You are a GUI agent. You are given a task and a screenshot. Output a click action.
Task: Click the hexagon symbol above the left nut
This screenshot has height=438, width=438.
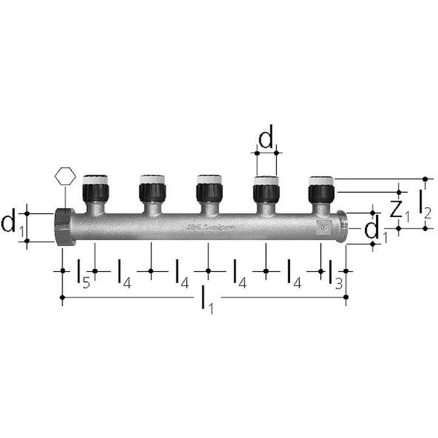click(63, 175)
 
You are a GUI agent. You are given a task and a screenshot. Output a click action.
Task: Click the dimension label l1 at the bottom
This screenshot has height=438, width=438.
click(206, 299)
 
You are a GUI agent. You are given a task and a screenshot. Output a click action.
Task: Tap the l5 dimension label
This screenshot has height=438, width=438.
click(82, 272)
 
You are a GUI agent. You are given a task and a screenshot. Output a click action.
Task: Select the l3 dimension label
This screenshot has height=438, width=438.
click(335, 272)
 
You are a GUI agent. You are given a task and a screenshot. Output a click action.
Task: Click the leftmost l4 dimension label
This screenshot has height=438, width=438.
click(123, 272)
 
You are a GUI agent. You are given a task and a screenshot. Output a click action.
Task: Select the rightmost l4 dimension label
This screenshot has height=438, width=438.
click(293, 272)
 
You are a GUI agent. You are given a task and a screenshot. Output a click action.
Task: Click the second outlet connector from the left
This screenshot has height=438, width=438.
click(151, 188)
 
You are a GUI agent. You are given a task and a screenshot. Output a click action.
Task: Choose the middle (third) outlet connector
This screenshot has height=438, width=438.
click(208, 188)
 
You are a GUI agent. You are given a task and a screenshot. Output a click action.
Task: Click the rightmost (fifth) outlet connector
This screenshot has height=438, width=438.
click(321, 188)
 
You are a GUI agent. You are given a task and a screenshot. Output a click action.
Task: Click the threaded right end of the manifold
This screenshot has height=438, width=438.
click(341, 226)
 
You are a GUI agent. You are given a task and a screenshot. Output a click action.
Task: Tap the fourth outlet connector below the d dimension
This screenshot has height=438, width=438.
click(265, 188)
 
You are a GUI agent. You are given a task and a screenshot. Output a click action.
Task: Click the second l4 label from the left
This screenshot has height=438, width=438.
click(179, 272)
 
